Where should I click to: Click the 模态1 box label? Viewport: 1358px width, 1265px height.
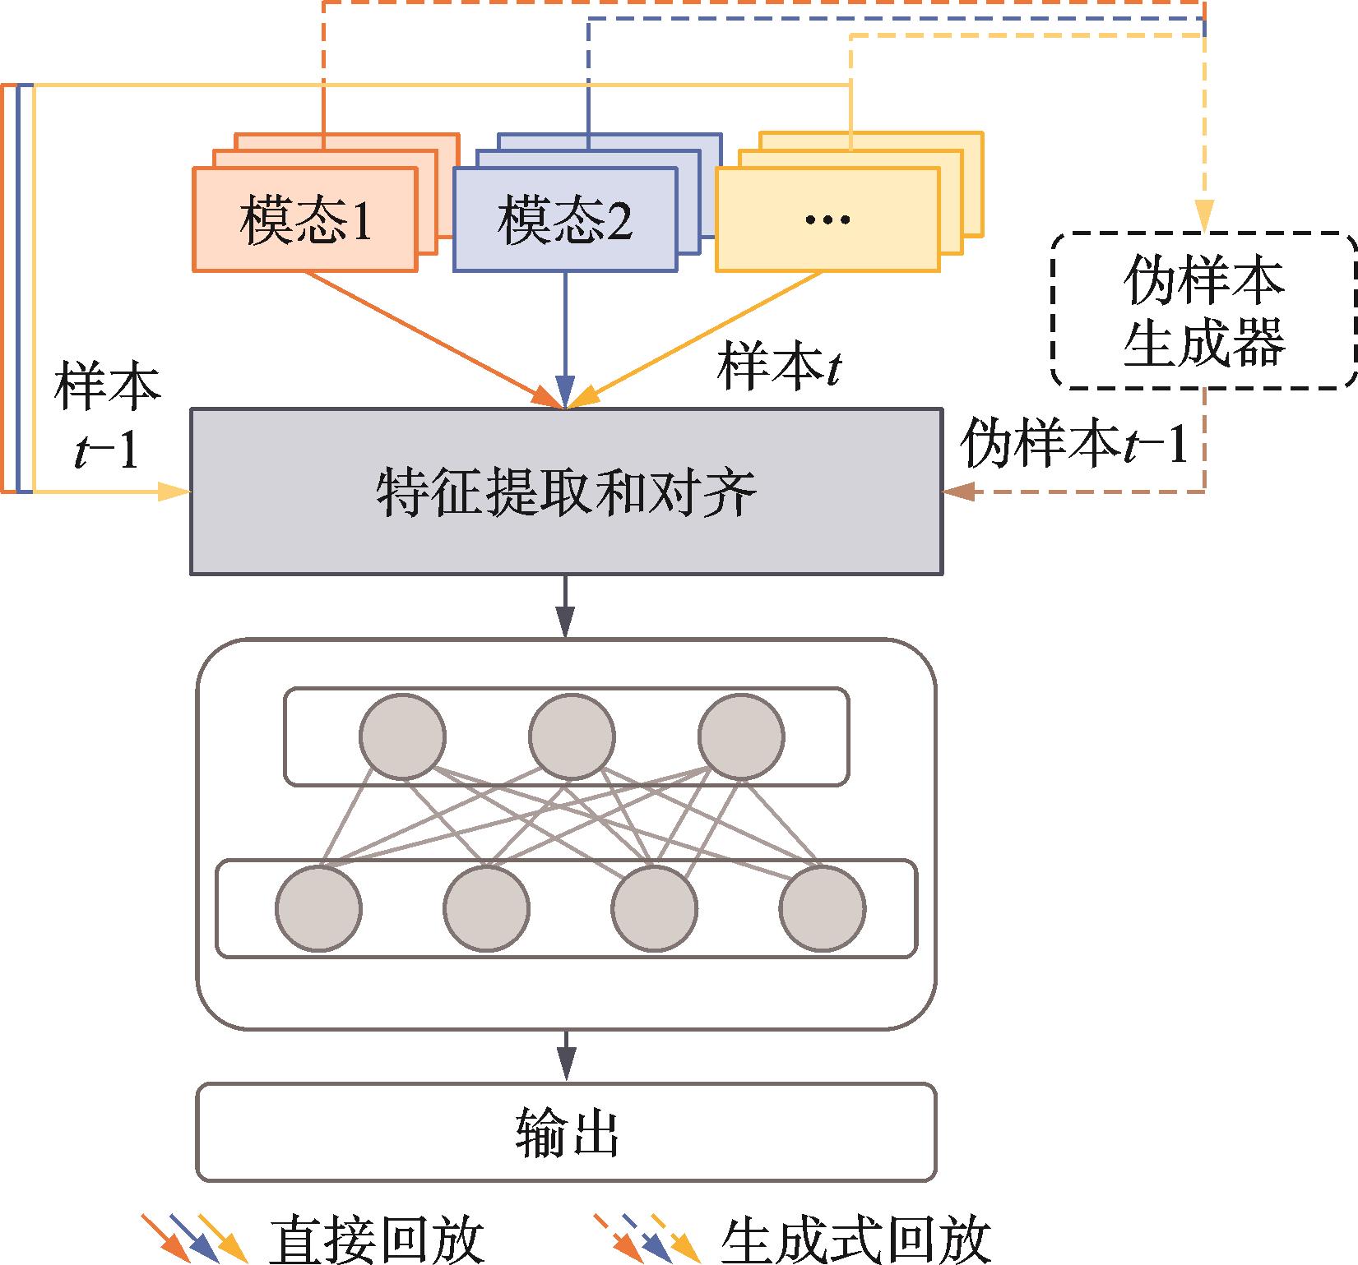tap(305, 220)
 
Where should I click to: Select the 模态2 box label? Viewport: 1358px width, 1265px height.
tap(565, 220)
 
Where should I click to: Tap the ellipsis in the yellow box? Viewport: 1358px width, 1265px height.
tap(827, 220)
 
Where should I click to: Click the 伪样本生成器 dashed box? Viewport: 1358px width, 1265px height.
tap(1203, 311)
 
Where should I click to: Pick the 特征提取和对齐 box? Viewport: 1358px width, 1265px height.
tap(566, 492)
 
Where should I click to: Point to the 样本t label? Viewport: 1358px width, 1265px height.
tap(778, 367)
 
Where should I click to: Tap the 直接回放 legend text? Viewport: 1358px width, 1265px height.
tap(377, 1240)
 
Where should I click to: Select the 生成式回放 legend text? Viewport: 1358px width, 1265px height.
tap(855, 1240)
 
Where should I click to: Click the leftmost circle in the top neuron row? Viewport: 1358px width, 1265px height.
tap(403, 736)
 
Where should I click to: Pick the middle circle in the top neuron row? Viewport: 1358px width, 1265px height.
tap(572, 736)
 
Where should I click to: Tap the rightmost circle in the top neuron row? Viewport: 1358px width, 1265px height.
tap(741, 736)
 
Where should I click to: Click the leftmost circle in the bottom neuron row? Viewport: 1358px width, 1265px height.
tap(318, 908)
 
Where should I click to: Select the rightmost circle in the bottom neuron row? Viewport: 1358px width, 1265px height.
tap(823, 908)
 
